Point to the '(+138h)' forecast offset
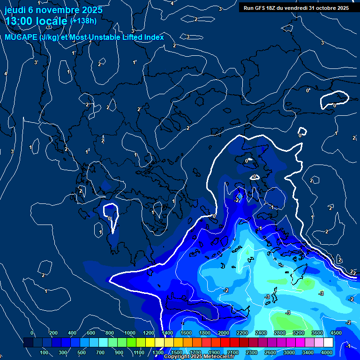(x=83, y=21)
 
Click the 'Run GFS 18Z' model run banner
(x=294, y=8)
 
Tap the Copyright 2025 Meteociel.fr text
(x=199, y=357)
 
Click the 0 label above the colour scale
(x=32, y=333)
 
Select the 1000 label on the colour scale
(x=130, y=333)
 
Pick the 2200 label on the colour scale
(x=242, y=333)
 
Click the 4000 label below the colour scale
(x=327, y=352)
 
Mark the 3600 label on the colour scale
(x=317, y=333)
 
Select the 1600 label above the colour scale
(x=186, y=333)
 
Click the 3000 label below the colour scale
(x=289, y=352)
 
